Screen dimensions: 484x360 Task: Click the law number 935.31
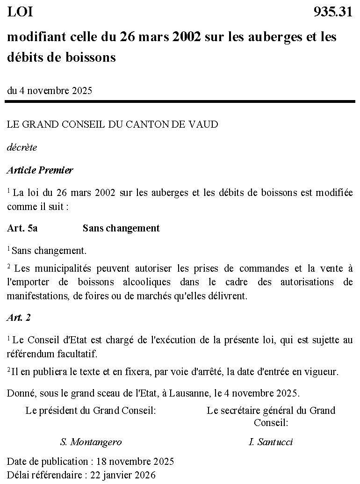pos(333,12)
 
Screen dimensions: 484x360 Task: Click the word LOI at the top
pos(20,12)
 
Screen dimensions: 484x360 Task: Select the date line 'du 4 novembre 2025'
pos(50,91)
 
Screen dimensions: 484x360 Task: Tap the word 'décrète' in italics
pos(22,147)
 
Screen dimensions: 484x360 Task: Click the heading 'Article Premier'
pos(40,170)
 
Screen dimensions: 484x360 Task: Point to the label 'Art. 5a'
pos(22,228)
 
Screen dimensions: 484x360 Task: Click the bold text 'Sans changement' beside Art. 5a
pos(121,228)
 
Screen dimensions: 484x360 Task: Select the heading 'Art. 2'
pos(19,318)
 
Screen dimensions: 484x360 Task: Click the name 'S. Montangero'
pos(91,442)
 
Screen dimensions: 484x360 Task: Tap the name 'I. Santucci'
pos(271,442)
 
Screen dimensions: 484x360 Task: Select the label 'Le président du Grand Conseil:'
pos(91,411)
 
